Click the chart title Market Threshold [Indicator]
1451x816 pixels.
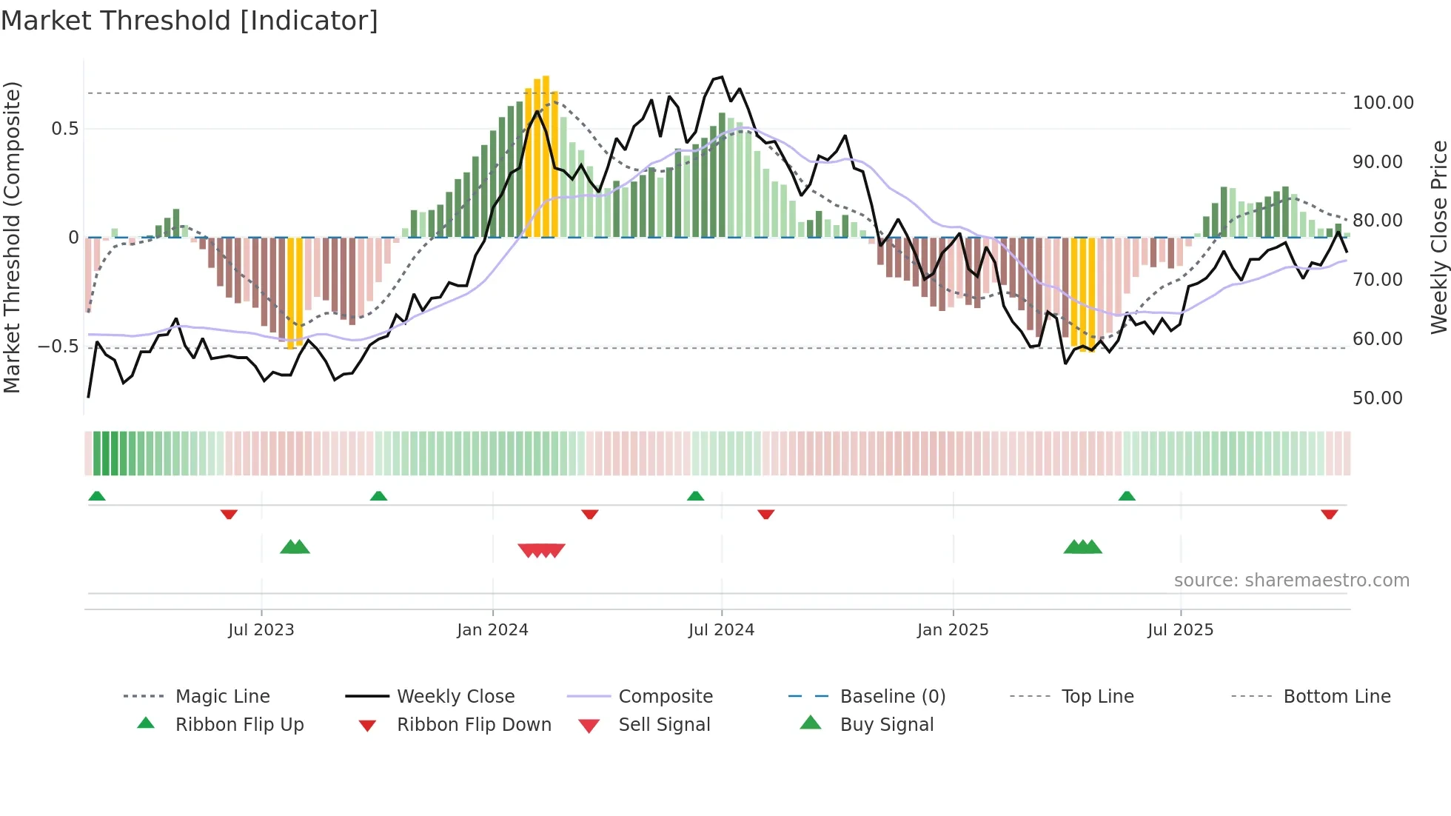coord(190,21)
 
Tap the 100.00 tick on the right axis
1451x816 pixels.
coord(1382,103)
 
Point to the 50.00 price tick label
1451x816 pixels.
coord(1377,398)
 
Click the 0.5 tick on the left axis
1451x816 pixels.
coord(64,129)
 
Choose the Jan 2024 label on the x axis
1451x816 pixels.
coord(492,630)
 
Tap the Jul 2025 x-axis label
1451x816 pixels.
coord(1180,630)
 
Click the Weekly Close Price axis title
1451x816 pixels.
coord(1438,237)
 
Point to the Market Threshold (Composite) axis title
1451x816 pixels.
coord(12,237)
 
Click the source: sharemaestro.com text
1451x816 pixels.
coord(1291,581)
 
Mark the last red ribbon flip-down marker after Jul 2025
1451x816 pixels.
coord(1329,514)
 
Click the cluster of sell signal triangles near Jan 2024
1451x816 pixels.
coord(541,550)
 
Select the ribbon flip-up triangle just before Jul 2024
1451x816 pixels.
coord(695,496)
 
